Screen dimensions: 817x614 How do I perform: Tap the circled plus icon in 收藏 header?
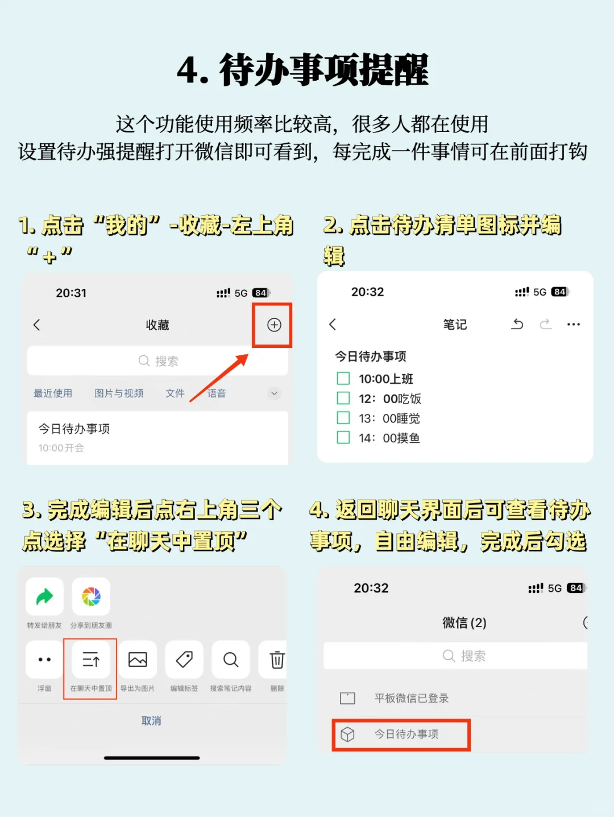pos(274,325)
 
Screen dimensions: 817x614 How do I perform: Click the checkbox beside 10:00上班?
pos(343,379)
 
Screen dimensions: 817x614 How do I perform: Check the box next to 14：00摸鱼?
pos(343,437)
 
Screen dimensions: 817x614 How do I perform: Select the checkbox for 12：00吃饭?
pos(343,398)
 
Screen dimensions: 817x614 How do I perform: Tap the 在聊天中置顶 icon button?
pos(91,660)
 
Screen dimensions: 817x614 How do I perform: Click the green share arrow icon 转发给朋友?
pos(44,597)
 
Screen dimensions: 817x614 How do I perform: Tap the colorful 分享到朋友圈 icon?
pos(91,597)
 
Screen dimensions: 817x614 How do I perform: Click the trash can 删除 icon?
pos(277,660)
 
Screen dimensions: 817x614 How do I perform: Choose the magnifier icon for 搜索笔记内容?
pos(230,660)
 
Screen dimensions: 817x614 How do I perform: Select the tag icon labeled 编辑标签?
pos(184,660)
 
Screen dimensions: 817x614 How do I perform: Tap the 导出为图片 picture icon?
pos(138,660)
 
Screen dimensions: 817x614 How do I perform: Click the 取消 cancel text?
pos(151,721)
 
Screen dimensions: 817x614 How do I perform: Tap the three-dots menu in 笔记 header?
pos(574,325)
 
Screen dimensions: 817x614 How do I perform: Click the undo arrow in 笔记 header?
pos(517,324)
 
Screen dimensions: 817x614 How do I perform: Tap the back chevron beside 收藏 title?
pos(37,325)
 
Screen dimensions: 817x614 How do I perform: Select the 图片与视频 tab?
pos(119,393)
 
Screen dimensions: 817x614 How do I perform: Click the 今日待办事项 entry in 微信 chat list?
pos(406,735)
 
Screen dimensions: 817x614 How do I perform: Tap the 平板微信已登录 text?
pos(412,698)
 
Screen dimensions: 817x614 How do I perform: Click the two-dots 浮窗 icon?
pos(44,660)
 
